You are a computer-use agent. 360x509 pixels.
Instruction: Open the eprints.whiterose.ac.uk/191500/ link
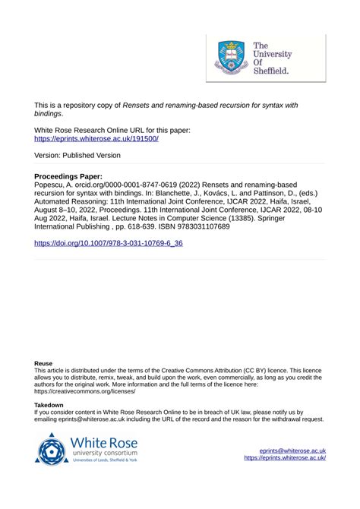(96, 140)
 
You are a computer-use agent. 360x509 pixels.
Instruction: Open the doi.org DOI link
(109, 244)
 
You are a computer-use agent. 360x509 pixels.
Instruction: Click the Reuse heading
(44, 364)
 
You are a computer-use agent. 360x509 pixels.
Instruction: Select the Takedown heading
(49, 406)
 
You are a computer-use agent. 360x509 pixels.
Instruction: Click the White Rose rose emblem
(52, 448)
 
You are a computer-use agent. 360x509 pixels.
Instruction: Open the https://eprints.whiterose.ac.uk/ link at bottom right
(285, 458)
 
